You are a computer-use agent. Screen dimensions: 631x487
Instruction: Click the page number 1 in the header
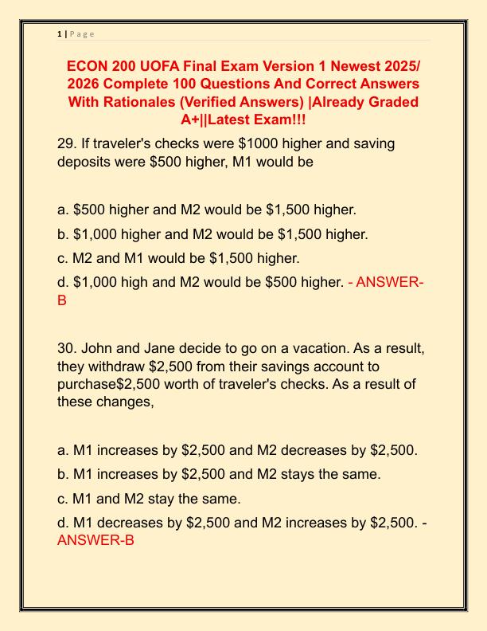click(60, 33)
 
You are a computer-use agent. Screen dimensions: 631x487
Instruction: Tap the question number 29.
click(68, 144)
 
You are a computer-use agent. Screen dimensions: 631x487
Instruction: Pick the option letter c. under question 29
click(63, 258)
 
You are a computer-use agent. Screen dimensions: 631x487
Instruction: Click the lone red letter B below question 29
click(62, 301)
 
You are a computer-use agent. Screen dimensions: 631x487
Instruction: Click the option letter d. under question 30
click(63, 523)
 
